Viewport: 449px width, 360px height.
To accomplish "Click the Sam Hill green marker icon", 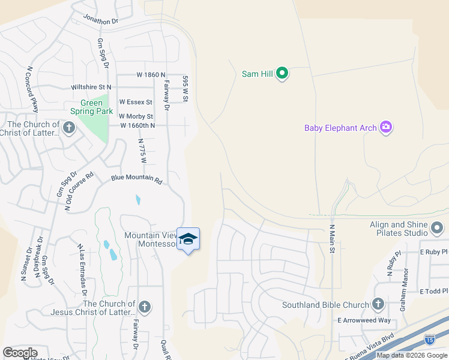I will [x=282, y=74].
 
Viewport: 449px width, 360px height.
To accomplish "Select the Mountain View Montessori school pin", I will [x=188, y=239].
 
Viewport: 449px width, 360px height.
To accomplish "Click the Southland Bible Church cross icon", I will [x=378, y=304].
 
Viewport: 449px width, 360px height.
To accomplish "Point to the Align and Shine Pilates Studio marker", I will [x=437, y=228].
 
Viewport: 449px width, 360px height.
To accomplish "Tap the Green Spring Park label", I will [x=91, y=107].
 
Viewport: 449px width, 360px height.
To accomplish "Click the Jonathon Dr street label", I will [x=101, y=21].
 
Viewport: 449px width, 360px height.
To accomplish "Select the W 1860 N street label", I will [x=151, y=75].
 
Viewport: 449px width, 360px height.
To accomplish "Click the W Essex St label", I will [x=136, y=102].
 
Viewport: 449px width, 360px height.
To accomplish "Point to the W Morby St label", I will [x=136, y=116].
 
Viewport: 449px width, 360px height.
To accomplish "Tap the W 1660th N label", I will [x=137, y=125].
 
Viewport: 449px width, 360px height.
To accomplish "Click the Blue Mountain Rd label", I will [x=137, y=179].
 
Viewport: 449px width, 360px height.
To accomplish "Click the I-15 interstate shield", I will [x=430, y=340].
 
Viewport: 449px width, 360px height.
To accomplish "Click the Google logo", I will [x=20, y=352].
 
